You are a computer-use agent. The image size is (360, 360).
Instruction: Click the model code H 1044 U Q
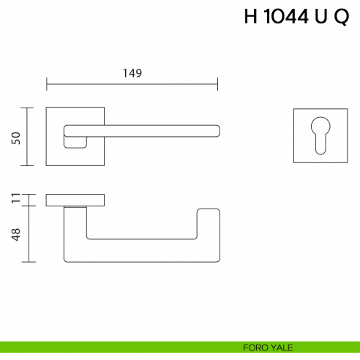(296, 18)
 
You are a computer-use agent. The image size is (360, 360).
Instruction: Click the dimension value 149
(131, 72)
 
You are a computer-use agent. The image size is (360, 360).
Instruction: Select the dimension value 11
(15, 199)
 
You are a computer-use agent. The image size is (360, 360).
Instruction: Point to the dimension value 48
(15, 234)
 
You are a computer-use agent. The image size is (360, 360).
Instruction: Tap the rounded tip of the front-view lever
(214, 130)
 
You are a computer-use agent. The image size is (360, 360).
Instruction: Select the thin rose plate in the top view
(75, 200)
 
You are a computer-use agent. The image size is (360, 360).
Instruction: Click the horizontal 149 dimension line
(132, 84)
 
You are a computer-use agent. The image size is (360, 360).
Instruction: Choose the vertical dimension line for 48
(29, 233)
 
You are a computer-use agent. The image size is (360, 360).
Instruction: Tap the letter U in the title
(320, 18)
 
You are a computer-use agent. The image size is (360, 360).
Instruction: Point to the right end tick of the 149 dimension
(217, 84)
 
